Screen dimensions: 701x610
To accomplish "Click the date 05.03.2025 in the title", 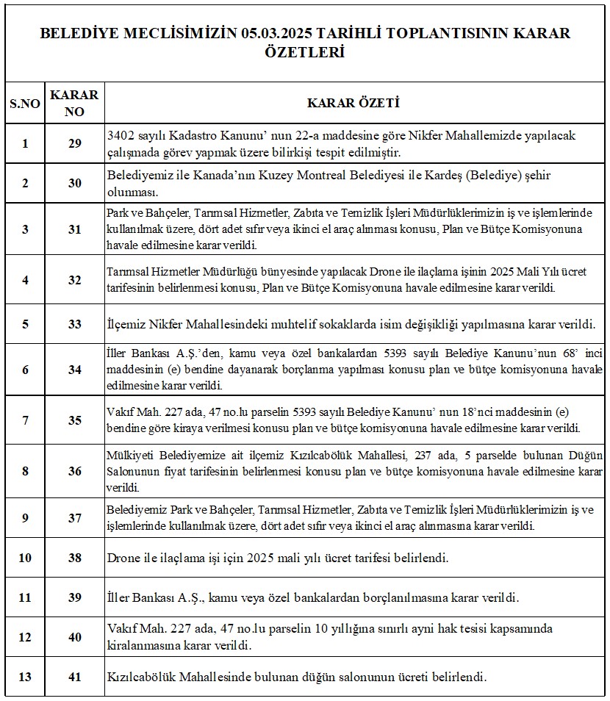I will [273, 33].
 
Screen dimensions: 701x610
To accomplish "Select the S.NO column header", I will [25, 104].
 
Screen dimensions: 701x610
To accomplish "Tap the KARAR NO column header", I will [74, 104].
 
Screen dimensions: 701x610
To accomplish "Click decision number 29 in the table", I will [74, 143].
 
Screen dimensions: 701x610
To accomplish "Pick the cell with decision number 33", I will [74, 323].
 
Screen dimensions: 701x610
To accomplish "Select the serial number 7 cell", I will [25, 420].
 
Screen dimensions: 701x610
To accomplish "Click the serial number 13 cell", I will [25, 677].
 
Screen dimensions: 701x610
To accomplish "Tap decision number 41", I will [74, 677].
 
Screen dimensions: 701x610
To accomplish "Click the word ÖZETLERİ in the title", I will [304, 53].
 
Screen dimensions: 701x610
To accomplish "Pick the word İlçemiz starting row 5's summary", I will [128, 323].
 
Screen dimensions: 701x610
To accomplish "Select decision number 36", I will [74, 471].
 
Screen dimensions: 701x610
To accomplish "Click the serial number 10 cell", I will [25, 558].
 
